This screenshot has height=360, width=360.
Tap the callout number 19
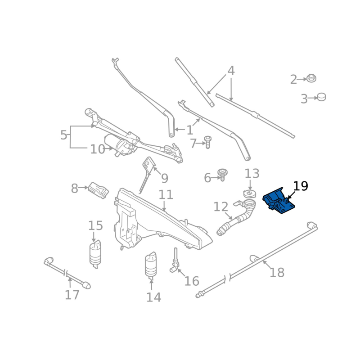(x=301, y=186)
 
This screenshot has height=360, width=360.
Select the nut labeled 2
(x=311, y=78)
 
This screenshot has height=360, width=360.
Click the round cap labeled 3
(x=321, y=97)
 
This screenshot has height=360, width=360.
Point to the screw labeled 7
(x=208, y=142)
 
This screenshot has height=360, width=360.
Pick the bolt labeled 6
(x=222, y=175)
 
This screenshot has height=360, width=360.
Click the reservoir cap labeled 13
(x=250, y=193)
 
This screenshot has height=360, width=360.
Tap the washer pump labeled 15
(x=95, y=254)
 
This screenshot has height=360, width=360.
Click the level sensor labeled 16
(x=175, y=262)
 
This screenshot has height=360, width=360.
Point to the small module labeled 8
(x=99, y=190)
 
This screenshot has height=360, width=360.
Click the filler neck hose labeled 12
(x=237, y=217)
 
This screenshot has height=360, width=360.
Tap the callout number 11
(x=166, y=195)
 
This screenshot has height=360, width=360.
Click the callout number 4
(x=231, y=71)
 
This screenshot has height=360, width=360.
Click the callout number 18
(x=277, y=273)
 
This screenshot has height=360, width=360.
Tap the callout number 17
(x=72, y=295)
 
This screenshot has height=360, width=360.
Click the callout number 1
(x=189, y=130)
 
